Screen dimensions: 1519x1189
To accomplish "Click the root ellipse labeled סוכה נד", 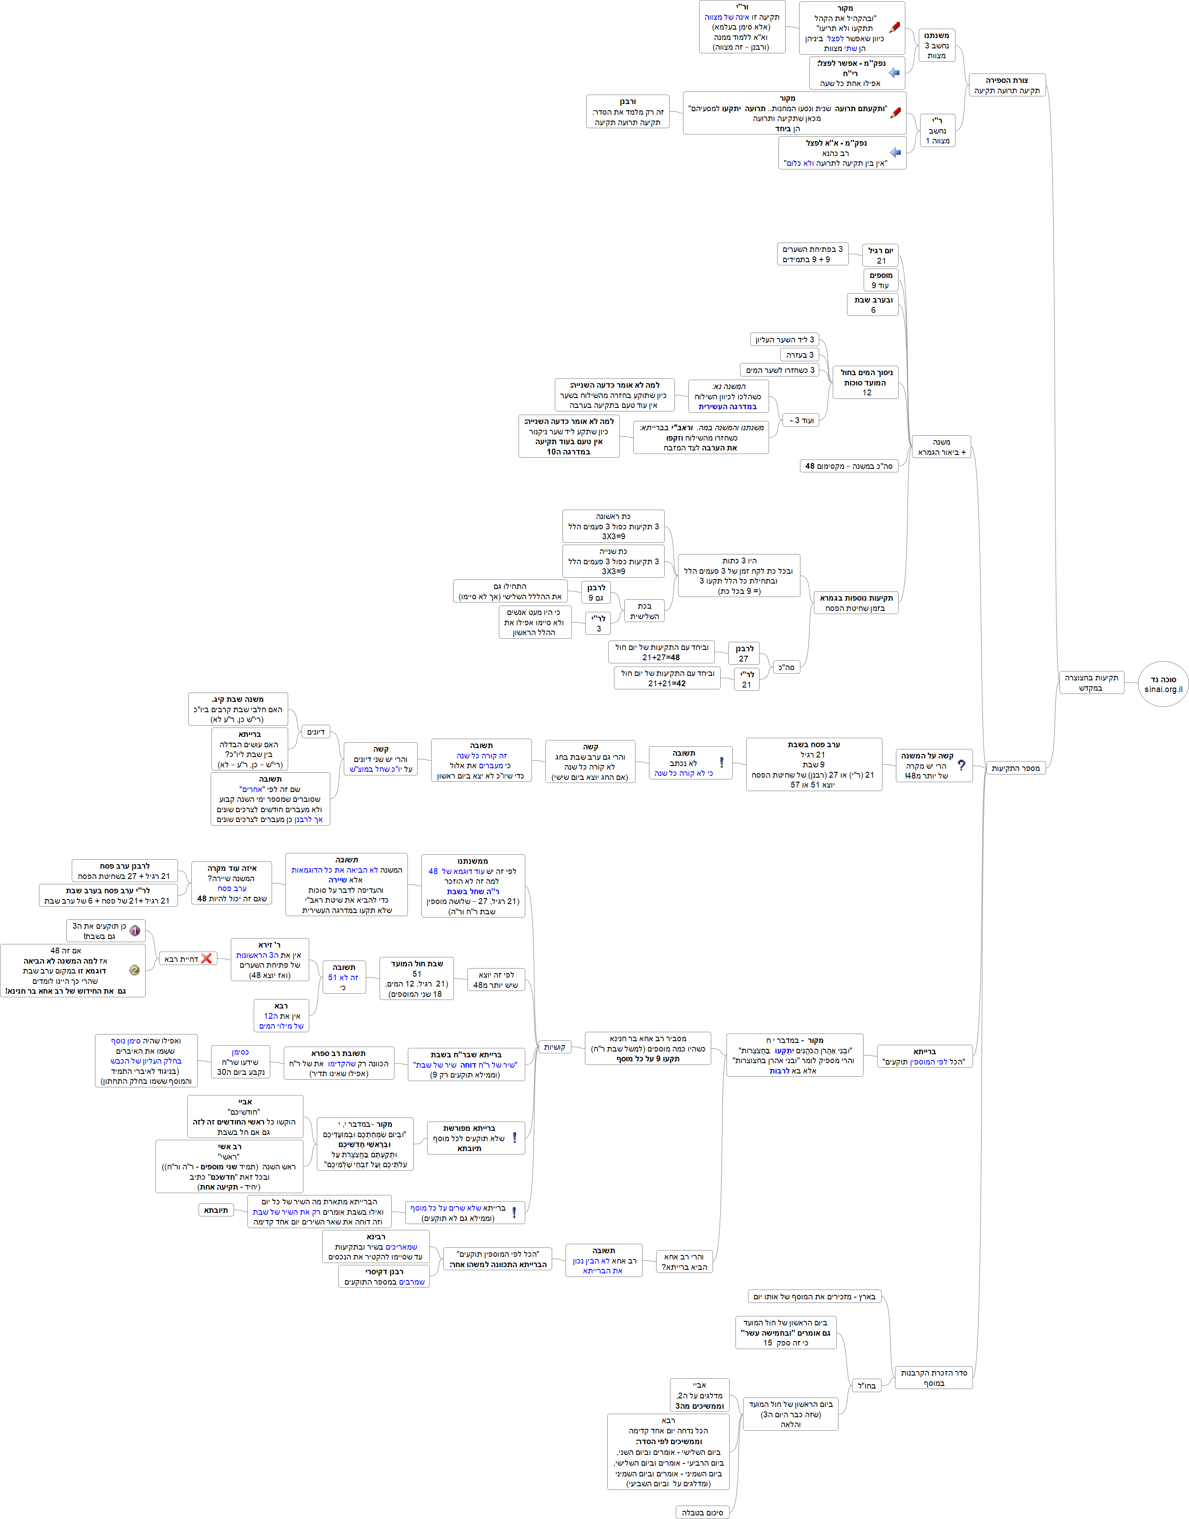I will [x=1163, y=684].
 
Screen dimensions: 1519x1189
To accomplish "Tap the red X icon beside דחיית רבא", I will [x=206, y=959].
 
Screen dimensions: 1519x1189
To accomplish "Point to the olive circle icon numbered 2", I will [x=134, y=970].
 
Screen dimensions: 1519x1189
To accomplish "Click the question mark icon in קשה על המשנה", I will [x=961, y=765].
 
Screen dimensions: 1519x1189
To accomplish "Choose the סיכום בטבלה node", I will [x=702, y=1512].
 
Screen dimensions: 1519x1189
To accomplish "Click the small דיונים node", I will [x=316, y=731].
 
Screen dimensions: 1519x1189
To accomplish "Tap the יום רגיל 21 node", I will [x=881, y=255].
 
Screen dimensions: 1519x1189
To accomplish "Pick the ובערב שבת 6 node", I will [x=873, y=305].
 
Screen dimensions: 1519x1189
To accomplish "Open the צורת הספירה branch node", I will [x=1007, y=85].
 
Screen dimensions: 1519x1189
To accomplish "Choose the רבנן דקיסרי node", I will [x=384, y=1276].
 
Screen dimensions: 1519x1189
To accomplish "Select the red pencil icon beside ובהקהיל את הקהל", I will [x=895, y=28].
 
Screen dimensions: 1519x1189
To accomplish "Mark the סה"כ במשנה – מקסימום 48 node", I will [x=848, y=466].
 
